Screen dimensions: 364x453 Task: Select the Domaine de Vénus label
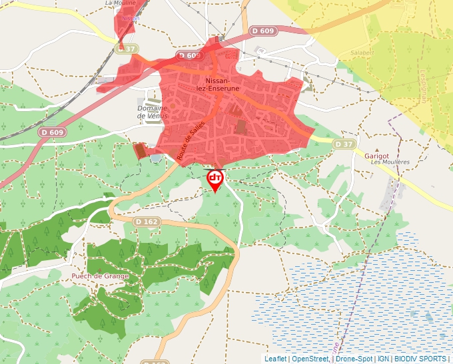coord(152,112)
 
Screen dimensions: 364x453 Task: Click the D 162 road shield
coord(147,222)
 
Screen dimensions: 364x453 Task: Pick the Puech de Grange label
coord(100,276)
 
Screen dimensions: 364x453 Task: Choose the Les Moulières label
coord(390,162)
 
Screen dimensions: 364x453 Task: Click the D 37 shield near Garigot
coord(344,144)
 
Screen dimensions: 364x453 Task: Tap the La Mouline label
coord(121,3)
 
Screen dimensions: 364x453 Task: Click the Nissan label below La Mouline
coord(131,19)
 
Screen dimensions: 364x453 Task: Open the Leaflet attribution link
coord(275,359)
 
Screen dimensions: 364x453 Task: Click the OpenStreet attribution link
coord(310,359)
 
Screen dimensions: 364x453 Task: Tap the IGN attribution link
coord(383,359)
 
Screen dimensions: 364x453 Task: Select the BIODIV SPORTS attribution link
coord(420,359)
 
